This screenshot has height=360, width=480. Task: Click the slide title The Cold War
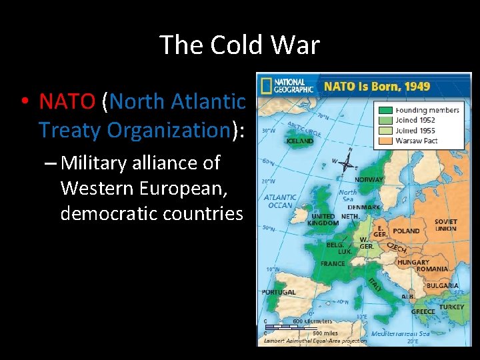tap(240, 45)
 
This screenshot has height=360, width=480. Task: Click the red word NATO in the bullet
tap(67, 101)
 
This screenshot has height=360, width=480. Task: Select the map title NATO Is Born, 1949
tap(377, 86)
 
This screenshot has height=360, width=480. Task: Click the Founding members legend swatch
tap(385, 110)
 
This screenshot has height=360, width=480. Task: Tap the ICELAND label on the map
tap(299, 141)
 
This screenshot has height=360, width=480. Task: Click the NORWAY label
tap(369, 180)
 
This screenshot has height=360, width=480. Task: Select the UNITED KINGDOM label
tap(325, 220)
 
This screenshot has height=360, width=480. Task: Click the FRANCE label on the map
tap(333, 263)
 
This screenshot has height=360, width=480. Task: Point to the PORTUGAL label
tap(279, 292)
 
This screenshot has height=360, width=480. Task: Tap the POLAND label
tap(406, 231)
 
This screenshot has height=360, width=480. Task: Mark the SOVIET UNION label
tap(446, 225)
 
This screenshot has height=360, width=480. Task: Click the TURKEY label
tap(453, 307)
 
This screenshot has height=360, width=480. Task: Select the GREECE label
tap(423, 311)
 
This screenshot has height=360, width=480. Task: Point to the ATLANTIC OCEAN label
tap(280, 201)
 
